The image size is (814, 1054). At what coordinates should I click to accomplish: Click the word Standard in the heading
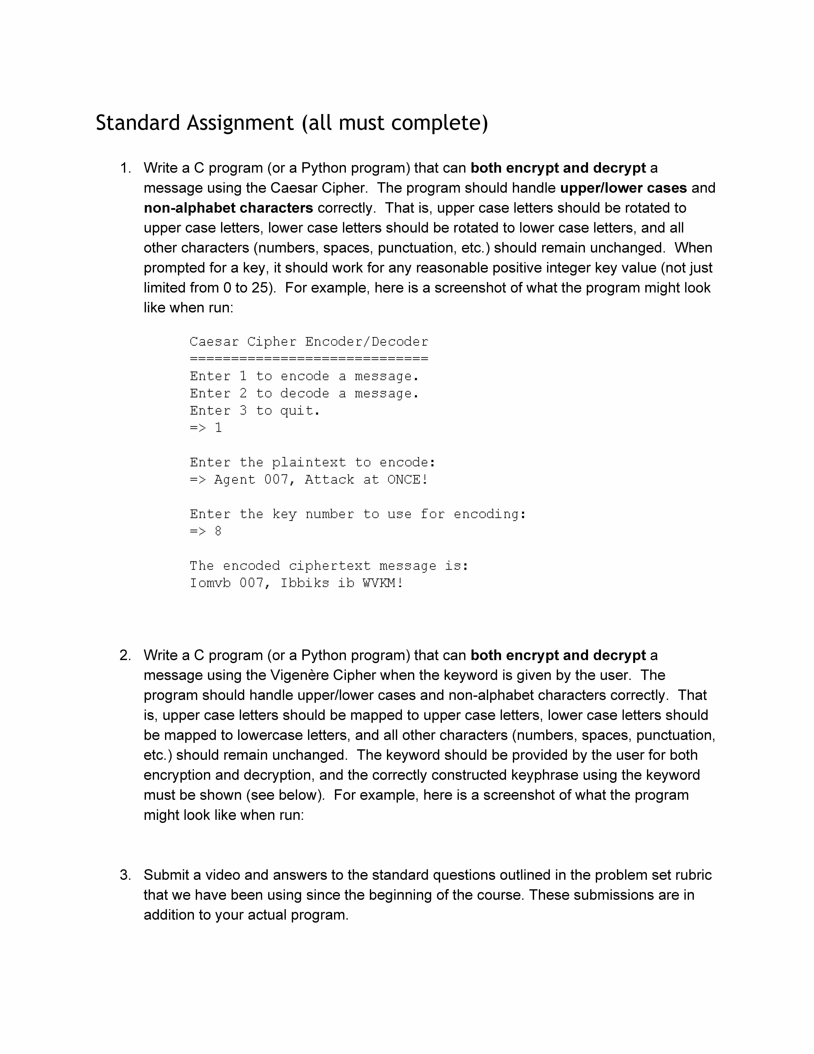138,123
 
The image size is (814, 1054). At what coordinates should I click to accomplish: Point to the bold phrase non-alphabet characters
228,208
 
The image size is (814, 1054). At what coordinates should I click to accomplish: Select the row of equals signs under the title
309,359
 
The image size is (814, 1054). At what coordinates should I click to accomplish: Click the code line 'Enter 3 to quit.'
255,411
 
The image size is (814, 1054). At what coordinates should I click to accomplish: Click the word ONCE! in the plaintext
407,480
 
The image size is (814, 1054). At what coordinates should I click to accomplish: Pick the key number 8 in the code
218,531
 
